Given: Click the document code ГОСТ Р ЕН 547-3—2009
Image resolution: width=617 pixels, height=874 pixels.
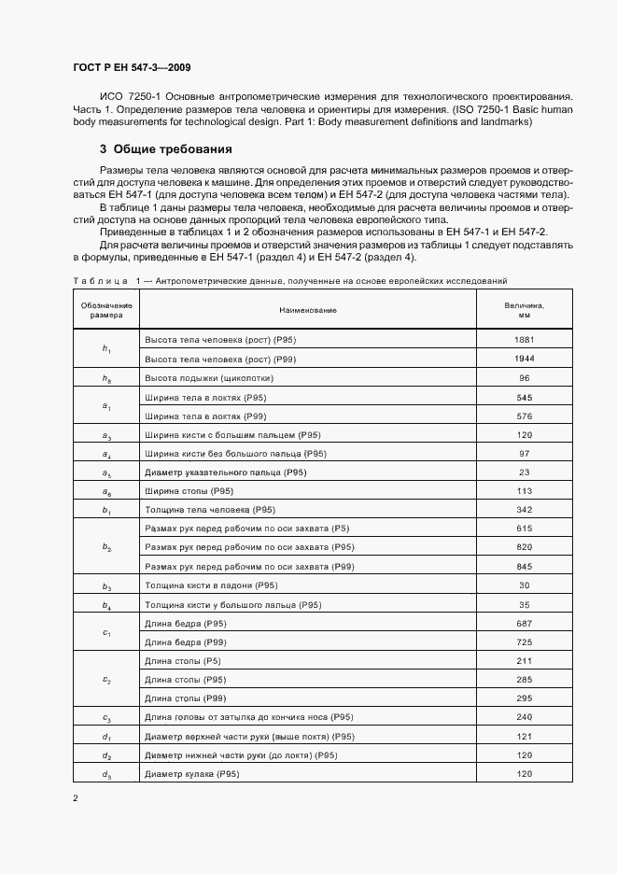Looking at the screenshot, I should (131, 66).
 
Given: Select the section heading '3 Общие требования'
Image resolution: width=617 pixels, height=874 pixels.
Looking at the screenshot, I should (166, 149).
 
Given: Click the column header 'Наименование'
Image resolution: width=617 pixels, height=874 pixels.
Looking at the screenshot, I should (307, 310).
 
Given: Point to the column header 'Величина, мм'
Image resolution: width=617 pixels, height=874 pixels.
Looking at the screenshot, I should (524, 310).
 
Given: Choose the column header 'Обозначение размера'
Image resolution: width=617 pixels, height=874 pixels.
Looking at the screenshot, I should (106, 310).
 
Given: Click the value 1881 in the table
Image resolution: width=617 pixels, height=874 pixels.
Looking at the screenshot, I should (524, 339).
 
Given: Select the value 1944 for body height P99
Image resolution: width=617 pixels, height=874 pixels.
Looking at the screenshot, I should (524, 359).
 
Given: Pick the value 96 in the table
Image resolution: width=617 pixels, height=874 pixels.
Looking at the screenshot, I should (524, 377).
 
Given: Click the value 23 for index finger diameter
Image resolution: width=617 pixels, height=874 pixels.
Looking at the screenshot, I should (524, 472).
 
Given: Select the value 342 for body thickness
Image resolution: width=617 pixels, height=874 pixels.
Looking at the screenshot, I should (524, 510).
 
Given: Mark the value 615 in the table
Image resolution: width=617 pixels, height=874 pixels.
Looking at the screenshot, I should (524, 529).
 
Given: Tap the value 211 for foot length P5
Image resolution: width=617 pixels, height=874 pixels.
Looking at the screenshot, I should (524, 661).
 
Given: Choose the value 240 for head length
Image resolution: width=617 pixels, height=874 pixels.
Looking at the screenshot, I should (524, 718).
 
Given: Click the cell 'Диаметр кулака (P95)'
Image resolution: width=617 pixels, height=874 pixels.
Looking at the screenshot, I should (192, 775).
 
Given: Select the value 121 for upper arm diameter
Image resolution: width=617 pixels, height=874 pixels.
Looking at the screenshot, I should (524, 737).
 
